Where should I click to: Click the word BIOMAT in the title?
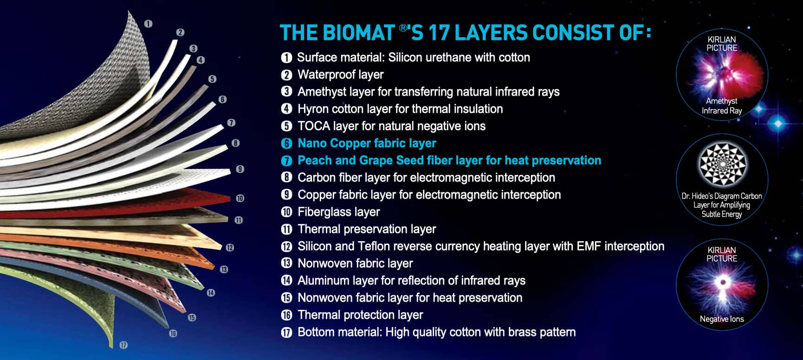click(x=358, y=33)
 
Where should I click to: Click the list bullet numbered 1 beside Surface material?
click(x=286, y=58)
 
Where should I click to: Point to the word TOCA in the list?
click(x=313, y=126)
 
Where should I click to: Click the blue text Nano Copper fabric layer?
click(x=367, y=143)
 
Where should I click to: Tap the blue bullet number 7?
click(x=286, y=161)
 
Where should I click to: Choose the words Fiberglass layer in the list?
click(x=338, y=212)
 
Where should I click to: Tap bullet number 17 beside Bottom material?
click(x=286, y=333)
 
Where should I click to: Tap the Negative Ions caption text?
click(x=722, y=319)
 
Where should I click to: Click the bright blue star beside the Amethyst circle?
click(x=778, y=123)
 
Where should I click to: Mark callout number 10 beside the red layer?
click(x=240, y=199)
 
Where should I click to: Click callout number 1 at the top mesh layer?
click(x=148, y=23)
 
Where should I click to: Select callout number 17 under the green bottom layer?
click(x=123, y=345)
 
